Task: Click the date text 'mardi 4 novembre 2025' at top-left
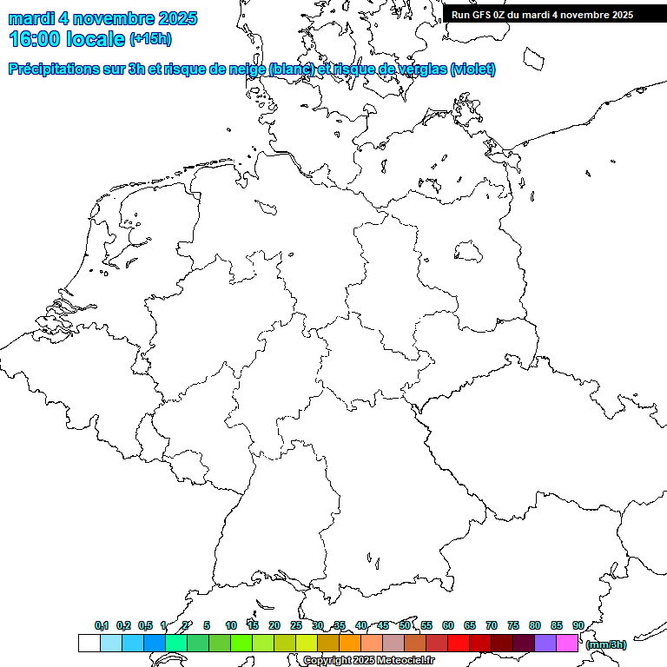[102, 18]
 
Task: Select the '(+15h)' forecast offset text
[150, 39]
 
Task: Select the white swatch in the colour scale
[89, 643]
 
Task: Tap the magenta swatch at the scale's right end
[567, 643]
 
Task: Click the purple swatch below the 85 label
[545, 643]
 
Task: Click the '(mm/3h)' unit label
[606, 644]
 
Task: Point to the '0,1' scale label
[102, 625]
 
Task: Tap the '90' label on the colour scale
[578, 625]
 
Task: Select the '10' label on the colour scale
[231, 625]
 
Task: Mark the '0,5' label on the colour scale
[145, 625]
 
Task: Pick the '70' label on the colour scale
[492, 625]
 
